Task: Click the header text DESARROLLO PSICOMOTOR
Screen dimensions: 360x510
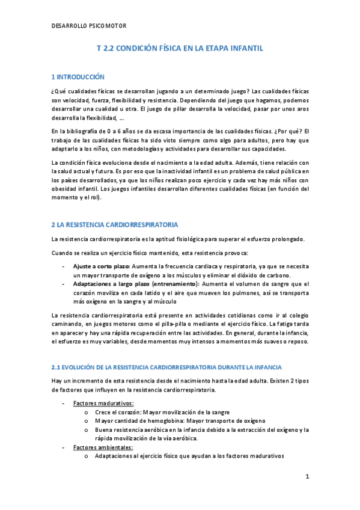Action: click(x=89, y=26)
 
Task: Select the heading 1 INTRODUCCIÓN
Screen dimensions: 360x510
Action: click(x=78, y=77)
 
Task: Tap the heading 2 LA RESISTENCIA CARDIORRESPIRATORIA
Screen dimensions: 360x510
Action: click(x=114, y=224)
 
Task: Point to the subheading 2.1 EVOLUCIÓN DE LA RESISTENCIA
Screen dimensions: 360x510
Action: click(x=162, y=366)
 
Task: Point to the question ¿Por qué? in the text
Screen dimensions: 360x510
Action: click(x=282, y=132)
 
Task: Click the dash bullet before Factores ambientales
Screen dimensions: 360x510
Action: click(x=63, y=447)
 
